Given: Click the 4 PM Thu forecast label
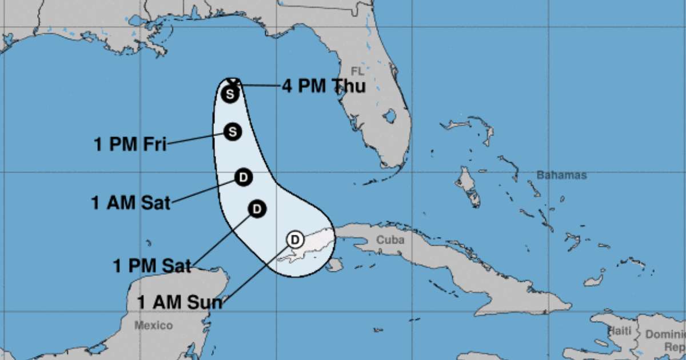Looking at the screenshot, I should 324,86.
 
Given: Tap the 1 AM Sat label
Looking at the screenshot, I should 131,202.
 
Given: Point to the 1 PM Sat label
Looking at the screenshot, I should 152,265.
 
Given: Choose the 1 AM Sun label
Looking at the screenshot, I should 180,302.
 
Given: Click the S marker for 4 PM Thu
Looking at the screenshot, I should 230,94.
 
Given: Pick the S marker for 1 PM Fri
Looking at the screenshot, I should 232,131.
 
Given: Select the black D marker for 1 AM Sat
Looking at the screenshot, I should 244,178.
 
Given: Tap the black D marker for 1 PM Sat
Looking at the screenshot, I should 257,209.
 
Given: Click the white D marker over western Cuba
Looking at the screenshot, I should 295,239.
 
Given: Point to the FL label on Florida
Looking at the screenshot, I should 357,71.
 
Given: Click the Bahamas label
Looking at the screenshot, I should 561,175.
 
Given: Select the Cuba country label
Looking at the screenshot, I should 390,240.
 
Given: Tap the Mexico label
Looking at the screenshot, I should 153,326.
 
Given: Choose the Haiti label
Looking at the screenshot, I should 620,330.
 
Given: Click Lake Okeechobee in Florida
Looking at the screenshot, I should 390,117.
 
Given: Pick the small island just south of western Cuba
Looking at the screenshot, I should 335,264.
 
